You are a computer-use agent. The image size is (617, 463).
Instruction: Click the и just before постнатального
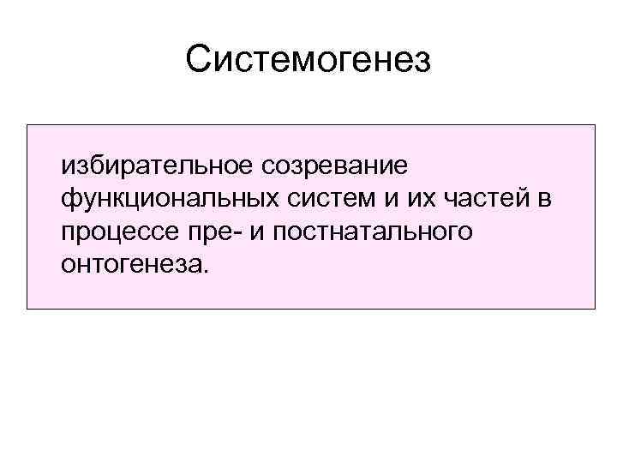point(255,232)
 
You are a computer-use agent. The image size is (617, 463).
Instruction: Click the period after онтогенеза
point(204,272)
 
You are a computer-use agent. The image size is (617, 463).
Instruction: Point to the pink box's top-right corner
point(595,125)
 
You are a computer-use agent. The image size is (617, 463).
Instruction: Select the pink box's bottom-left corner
point(27,309)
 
